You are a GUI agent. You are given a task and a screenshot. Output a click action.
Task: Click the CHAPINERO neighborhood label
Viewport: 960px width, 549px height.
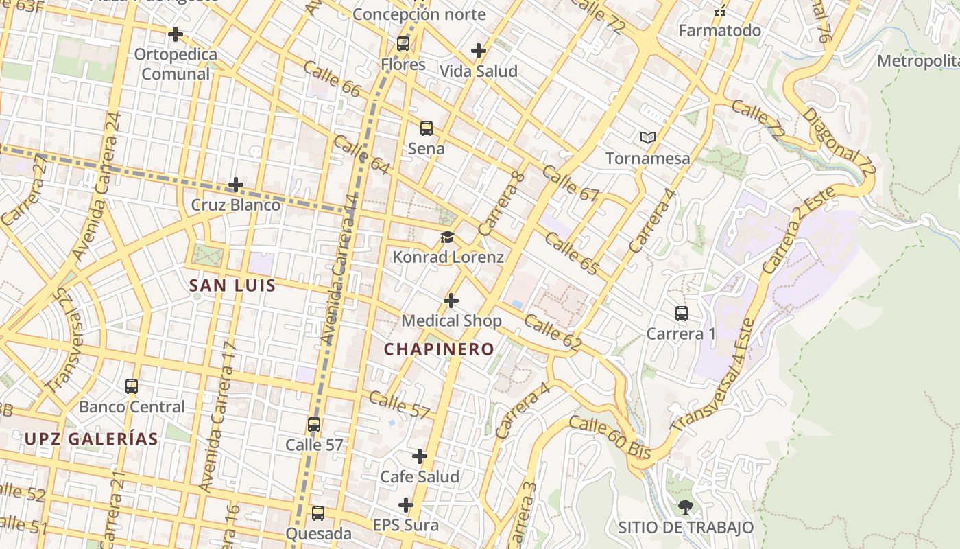point(439,349)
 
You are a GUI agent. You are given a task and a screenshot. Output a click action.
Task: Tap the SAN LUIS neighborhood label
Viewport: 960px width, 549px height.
point(232,285)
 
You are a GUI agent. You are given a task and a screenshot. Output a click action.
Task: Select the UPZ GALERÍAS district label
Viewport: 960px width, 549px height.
point(91,439)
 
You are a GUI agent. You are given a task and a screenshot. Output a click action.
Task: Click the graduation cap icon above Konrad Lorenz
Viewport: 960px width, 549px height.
point(448,237)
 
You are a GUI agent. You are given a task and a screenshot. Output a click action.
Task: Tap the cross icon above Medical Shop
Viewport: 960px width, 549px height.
point(451,301)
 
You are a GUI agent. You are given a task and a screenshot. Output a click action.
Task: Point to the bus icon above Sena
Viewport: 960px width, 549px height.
point(427,128)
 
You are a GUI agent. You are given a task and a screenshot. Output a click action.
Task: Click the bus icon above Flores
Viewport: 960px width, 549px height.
point(403,44)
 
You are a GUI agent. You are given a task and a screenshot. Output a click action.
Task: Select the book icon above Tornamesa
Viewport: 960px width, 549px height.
point(648,138)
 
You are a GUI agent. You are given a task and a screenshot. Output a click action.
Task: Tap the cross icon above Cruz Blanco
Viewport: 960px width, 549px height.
point(236,185)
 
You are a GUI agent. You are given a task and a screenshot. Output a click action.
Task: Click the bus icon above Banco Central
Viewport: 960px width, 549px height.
point(132,386)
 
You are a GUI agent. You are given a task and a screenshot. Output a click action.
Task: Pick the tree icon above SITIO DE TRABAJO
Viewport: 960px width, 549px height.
point(685,507)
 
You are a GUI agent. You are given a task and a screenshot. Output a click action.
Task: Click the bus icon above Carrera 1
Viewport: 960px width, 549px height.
point(682,314)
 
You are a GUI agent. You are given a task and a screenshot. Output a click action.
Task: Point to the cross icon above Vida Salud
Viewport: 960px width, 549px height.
point(479,51)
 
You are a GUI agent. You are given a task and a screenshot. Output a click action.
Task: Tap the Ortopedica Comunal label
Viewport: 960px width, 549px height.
point(176,64)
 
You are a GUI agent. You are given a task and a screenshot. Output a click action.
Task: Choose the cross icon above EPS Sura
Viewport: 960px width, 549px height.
point(406,506)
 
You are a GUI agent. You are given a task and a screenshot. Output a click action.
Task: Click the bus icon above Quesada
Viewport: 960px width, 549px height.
point(318,513)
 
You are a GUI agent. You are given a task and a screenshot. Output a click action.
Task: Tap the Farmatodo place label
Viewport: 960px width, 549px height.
point(719,31)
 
